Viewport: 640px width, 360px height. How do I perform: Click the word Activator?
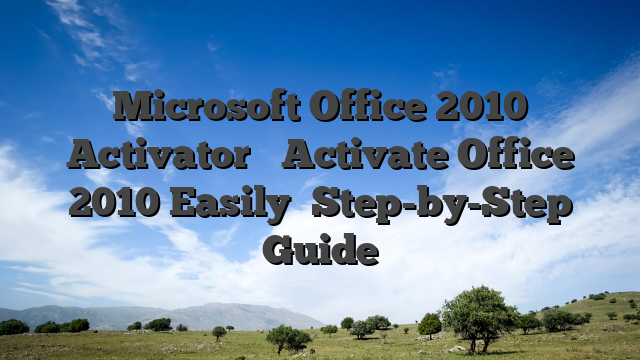coord(157,156)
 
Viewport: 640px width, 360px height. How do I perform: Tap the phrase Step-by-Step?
coord(442,206)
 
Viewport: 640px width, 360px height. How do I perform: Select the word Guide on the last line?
coord(319,249)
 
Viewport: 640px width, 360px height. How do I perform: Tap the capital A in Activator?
coord(85,156)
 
